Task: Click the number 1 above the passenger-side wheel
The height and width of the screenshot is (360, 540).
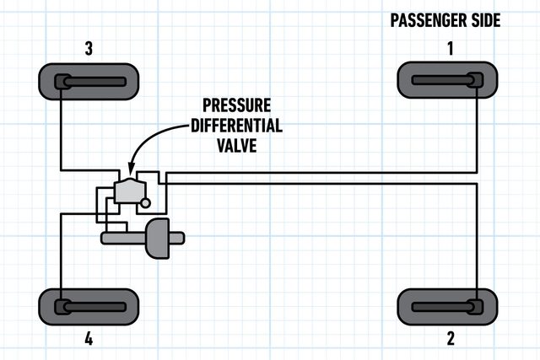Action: [450, 49]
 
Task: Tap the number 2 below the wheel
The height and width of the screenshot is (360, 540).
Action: [450, 339]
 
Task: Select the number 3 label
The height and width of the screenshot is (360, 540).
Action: [88, 49]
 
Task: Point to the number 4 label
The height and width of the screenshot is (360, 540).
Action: [88, 340]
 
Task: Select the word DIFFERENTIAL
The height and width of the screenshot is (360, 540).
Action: [241, 126]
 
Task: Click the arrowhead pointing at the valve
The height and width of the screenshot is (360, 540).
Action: [129, 169]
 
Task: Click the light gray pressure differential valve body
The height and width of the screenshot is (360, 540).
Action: [129, 191]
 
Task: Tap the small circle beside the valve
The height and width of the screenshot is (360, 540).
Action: [146, 202]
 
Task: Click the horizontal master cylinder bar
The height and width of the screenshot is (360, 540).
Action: [123, 239]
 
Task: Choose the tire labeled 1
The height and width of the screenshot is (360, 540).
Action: [447, 81]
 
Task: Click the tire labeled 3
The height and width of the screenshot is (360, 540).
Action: [88, 82]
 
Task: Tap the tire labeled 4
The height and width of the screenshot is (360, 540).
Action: [88, 305]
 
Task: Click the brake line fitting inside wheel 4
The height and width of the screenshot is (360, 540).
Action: [62, 305]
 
